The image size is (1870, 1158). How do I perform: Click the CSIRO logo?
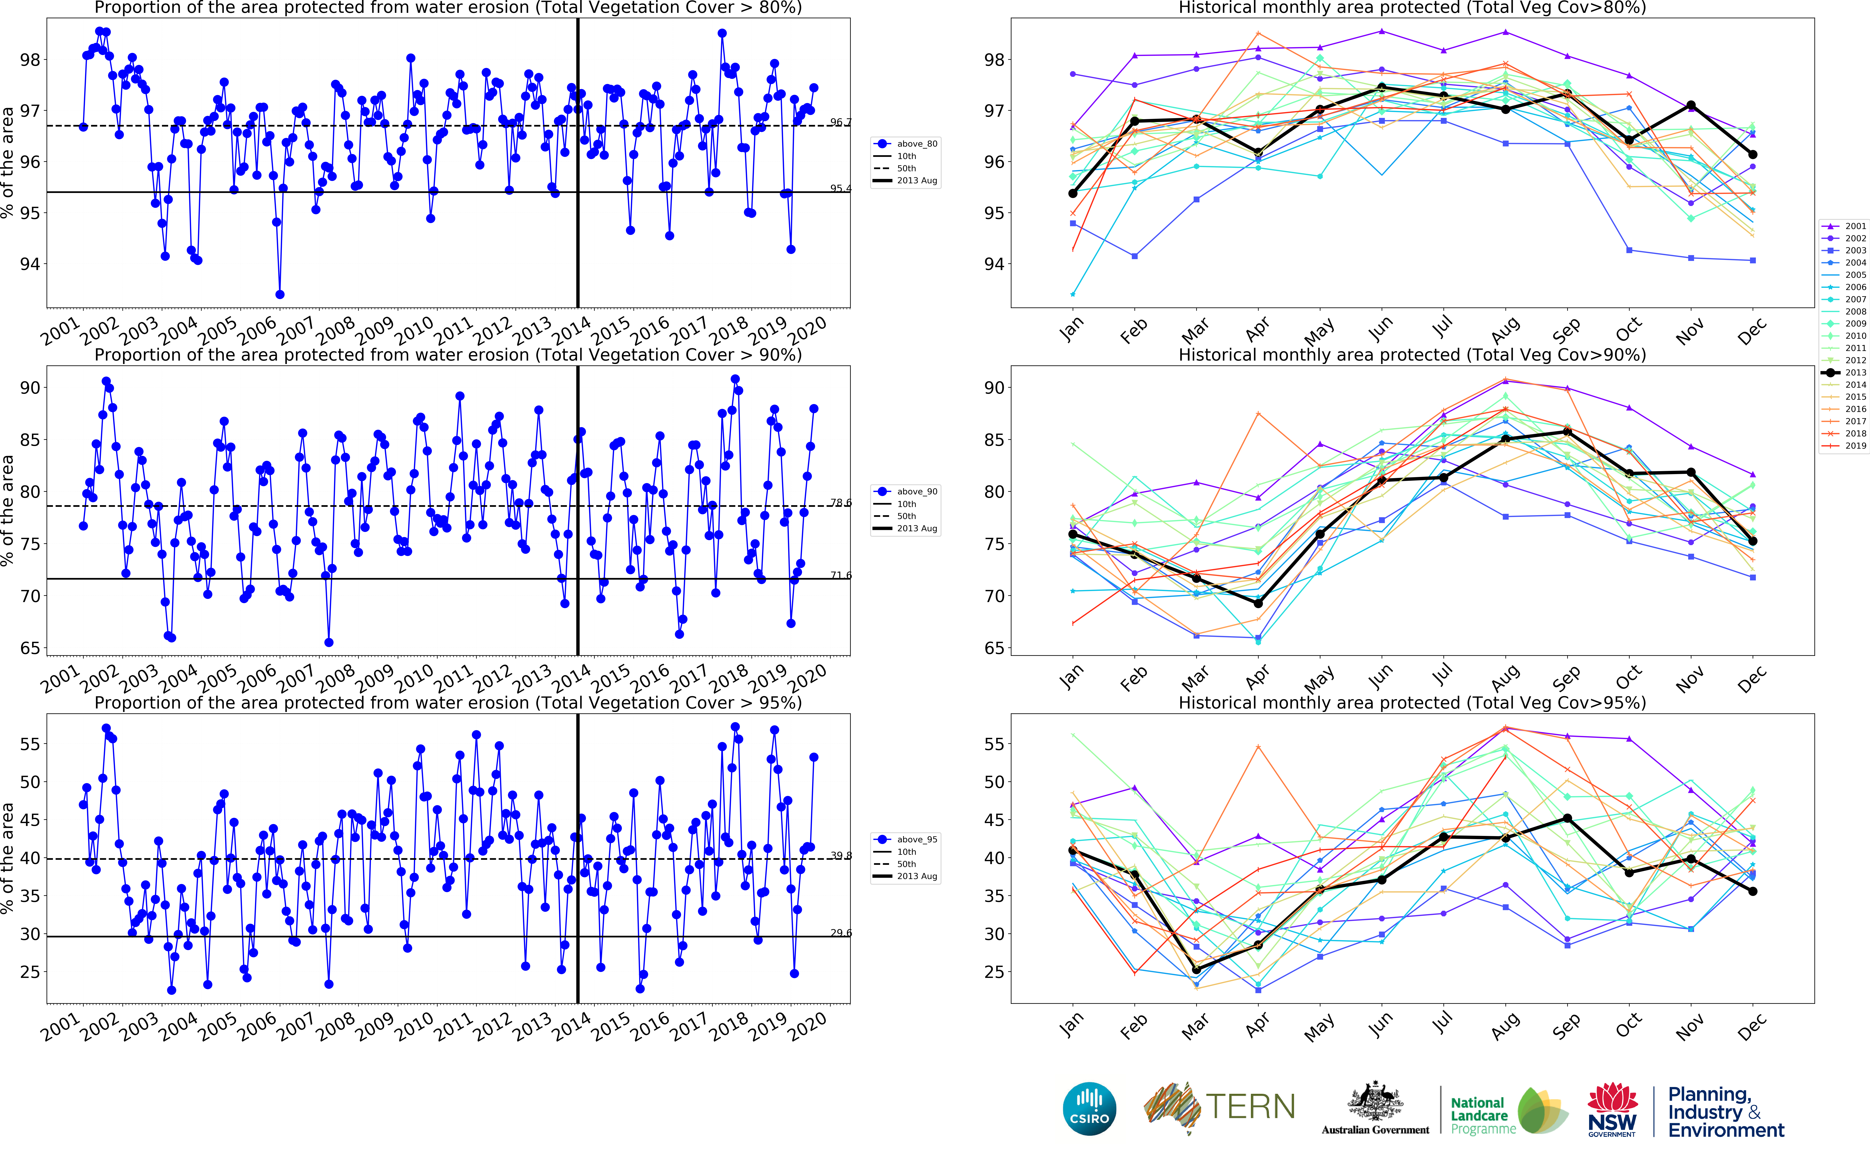[x=1089, y=1109]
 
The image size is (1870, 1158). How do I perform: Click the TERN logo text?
[x=1250, y=1107]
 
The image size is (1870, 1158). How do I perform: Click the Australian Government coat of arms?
[x=1375, y=1103]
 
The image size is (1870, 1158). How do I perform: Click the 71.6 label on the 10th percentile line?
[x=840, y=575]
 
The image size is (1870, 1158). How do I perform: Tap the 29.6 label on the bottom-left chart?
[x=840, y=933]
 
